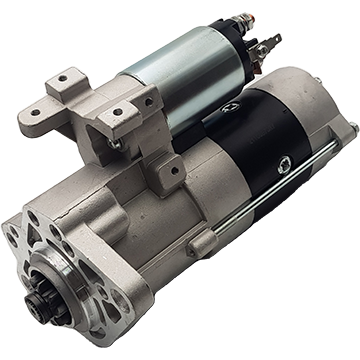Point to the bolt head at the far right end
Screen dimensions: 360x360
pyautogui.click(x=350, y=127)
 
